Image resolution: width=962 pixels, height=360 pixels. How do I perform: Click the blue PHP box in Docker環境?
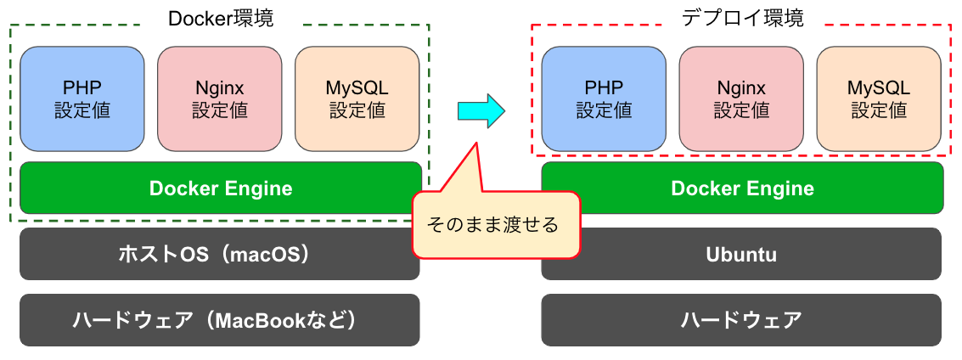[82, 99]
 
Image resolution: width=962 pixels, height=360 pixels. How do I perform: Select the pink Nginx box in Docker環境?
[219, 99]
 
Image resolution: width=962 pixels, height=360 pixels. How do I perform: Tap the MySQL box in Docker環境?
[357, 99]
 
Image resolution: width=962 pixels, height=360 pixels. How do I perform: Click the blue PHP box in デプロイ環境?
[604, 99]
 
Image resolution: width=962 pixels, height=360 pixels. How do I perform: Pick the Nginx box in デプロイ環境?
[741, 99]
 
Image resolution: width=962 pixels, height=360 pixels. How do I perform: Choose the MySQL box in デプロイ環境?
[879, 99]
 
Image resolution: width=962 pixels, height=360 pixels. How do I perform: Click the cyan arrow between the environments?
[481, 111]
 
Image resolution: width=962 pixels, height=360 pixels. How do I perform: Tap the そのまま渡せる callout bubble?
[495, 225]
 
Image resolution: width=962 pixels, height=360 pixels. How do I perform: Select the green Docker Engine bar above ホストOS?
[221, 188]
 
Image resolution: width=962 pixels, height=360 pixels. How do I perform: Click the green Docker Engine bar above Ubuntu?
[742, 188]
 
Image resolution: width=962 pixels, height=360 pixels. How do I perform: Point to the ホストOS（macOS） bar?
[219, 254]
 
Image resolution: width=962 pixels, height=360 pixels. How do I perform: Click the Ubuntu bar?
[741, 254]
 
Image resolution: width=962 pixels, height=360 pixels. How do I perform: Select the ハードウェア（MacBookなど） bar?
[219, 320]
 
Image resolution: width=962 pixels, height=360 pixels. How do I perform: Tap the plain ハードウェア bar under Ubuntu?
[741, 320]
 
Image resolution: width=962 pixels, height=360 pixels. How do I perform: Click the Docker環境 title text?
[221, 18]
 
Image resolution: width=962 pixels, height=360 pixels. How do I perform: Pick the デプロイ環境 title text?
[742, 18]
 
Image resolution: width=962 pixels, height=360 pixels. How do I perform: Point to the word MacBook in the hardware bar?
[255, 320]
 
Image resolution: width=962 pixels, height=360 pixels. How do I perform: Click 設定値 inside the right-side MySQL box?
[879, 110]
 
